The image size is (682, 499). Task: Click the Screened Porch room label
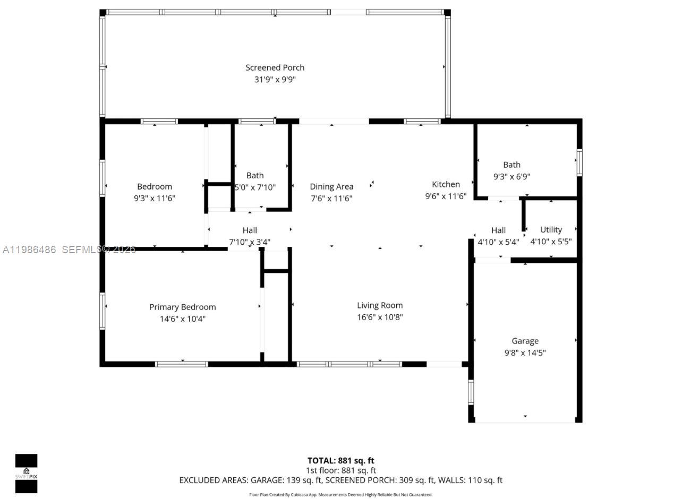[275, 67]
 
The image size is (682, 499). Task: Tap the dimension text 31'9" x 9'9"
[275, 80]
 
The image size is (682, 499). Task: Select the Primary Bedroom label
[182, 307]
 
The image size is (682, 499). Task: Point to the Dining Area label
[331, 186]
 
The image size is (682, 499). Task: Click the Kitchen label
[446, 184]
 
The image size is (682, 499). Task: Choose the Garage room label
[525, 341]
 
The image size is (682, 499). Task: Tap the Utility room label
[551, 229]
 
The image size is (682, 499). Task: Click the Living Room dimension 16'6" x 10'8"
[380, 317]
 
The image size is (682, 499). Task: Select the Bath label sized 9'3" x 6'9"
[511, 165]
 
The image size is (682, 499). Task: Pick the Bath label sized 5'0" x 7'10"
[255, 175]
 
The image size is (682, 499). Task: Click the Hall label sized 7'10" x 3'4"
[250, 230]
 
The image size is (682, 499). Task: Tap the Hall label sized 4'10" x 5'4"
[498, 230]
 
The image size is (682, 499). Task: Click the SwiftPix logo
[26, 474]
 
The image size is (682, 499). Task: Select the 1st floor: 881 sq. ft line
[340, 470]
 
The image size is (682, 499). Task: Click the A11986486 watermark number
[29, 249]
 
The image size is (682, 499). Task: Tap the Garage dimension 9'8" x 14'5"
[525, 352]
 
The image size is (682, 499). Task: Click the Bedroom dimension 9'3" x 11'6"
[155, 199]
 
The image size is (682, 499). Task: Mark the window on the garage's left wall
[471, 392]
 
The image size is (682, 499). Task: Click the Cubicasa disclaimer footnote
[340, 495]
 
